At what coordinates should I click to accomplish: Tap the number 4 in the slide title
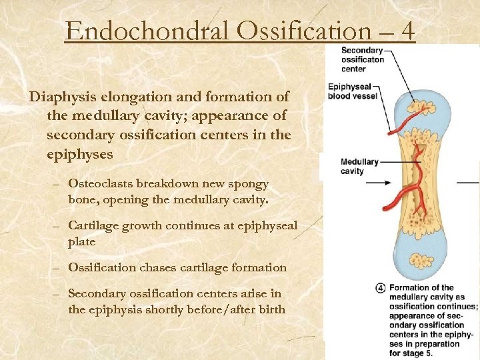[x=405, y=31]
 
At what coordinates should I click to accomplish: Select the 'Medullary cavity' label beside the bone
[x=359, y=166]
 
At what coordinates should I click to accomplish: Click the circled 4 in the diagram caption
[x=380, y=288]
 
